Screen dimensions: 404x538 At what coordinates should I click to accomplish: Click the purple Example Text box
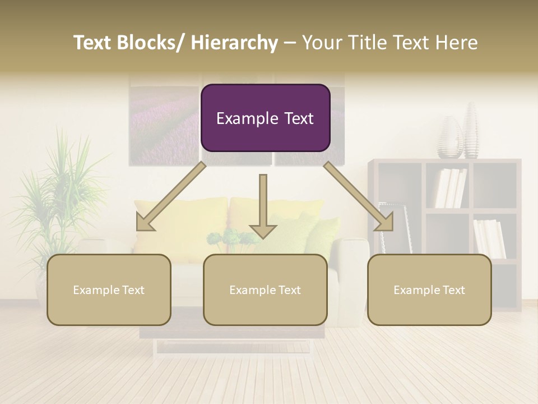point(265,118)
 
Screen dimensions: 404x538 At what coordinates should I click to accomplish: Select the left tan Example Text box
point(109,290)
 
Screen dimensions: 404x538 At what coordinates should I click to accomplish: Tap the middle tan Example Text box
point(265,290)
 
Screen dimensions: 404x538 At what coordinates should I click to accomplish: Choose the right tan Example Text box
point(429,290)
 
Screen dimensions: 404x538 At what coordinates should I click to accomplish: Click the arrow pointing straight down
point(263,208)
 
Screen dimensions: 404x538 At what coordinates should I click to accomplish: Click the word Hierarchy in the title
point(234,43)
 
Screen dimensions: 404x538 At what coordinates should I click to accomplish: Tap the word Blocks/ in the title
point(151,43)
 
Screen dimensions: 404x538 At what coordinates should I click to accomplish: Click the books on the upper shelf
point(451,188)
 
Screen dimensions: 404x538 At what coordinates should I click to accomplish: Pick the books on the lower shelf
point(489,238)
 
